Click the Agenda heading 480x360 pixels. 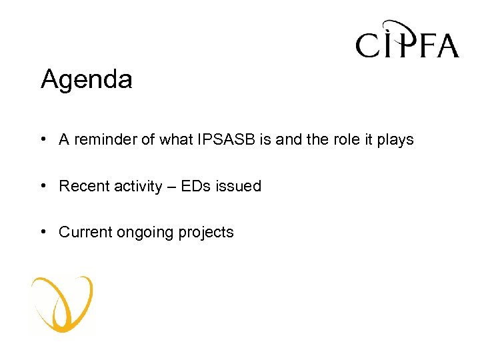coord(87,80)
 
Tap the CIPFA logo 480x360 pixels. coord(407,41)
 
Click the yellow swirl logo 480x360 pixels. coord(62,304)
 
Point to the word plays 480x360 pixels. coord(397,140)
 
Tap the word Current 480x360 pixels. coord(85,233)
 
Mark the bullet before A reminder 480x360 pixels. coord(43,139)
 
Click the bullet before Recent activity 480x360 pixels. coord(43,186)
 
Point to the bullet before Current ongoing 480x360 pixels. coord(43,232)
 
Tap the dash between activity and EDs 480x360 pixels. coord(172,187)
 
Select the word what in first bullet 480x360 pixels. coord(175,140)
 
